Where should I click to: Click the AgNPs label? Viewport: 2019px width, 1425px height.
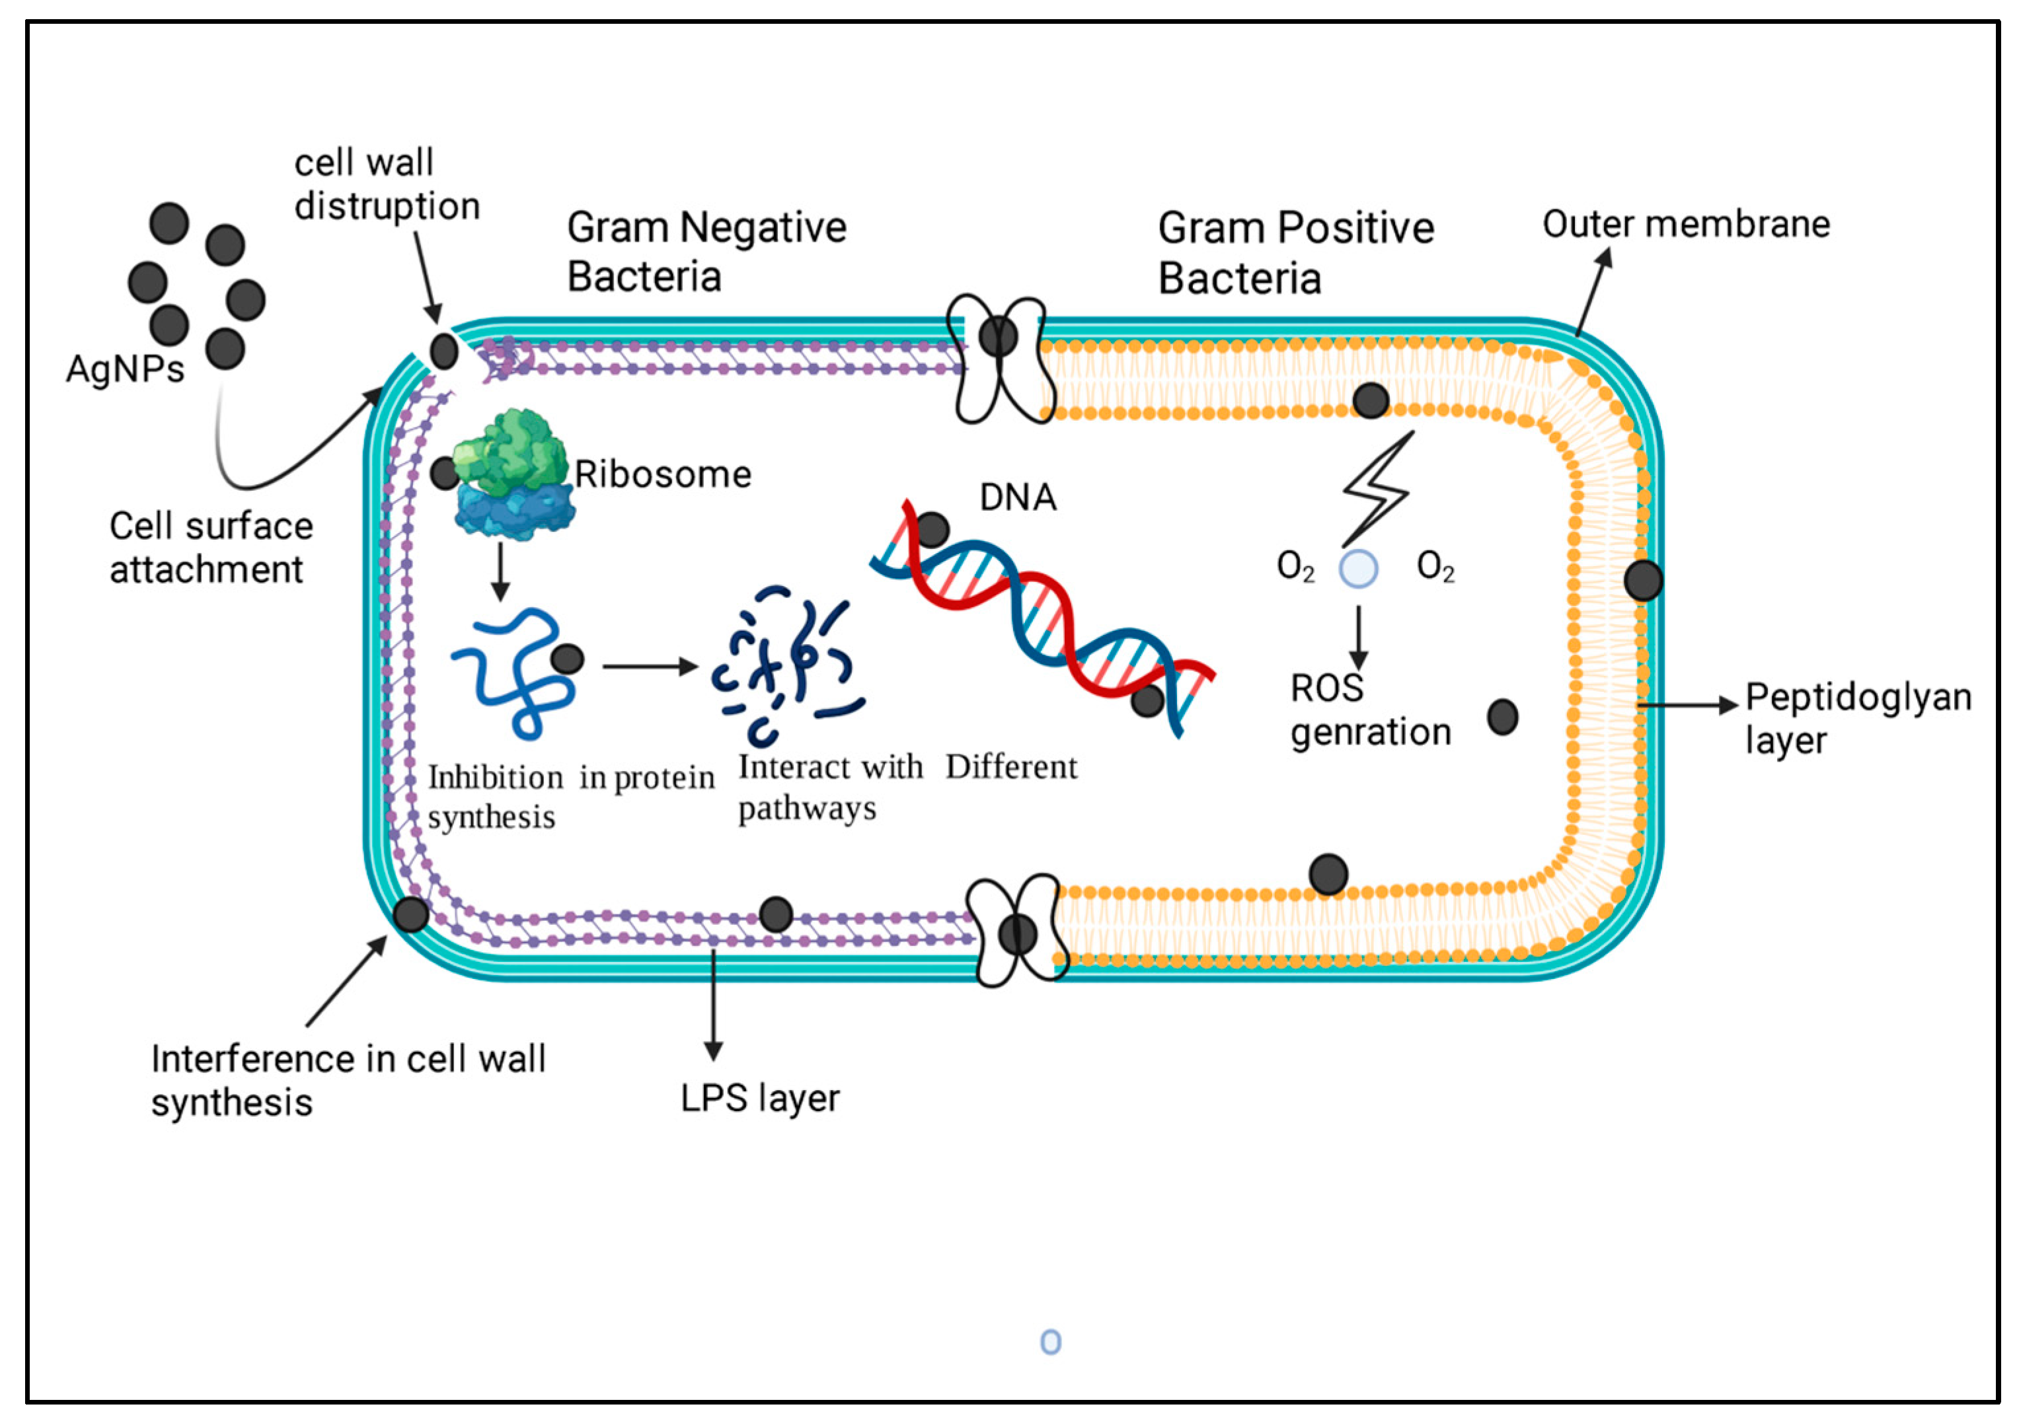click(x=125, y=369)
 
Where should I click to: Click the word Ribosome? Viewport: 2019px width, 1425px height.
click(x=663, y=475)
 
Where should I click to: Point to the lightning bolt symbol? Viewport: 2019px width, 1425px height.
click(x=1378, y=489)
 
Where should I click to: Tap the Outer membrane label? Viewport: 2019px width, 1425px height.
click(x=1686, y=224)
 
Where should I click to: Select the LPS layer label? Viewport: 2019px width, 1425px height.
click(x=760, y=1098)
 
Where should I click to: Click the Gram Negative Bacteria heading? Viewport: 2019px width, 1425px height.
click(x=705, y=252)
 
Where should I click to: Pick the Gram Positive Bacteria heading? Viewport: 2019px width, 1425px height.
click(x=1295, y=252)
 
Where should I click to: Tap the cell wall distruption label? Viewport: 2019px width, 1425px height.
click(x=386, y=184)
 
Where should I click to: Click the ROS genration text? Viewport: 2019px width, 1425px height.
click(x=1369, y=710)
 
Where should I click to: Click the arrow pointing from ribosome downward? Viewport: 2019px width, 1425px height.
click(x=500, y=572)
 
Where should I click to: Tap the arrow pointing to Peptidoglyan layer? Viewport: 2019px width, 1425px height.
click(x=1689, y=705)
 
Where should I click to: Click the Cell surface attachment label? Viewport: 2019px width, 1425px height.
click(x=210, y=547)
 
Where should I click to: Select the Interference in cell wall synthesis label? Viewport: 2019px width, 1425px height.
click(x=348, y=1080)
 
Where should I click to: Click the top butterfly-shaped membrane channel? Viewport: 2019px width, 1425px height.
click(x=999, y=359)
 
